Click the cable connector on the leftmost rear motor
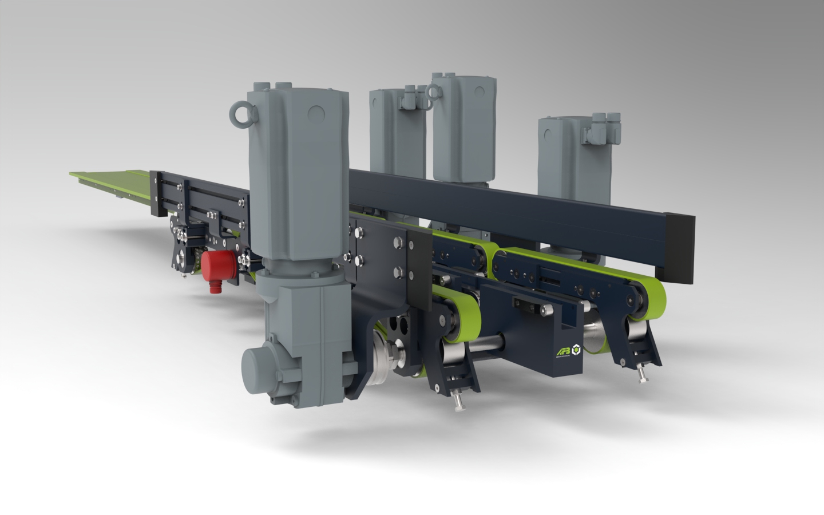[x=414, y=98]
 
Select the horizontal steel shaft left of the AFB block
[x=487, y=343]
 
